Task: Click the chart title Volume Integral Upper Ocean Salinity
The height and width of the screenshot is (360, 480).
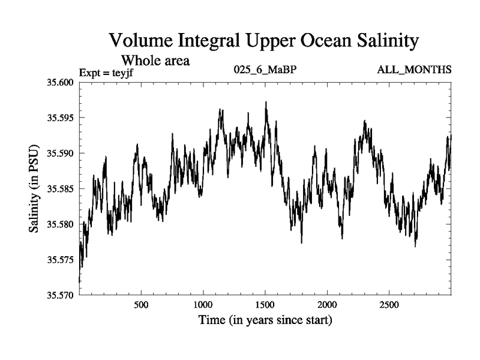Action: point(263,41)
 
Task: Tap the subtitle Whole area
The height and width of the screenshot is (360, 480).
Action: point(155,60)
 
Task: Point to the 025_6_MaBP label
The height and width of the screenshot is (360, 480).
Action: point(265,71)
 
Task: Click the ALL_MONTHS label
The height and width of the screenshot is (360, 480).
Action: point(414,71)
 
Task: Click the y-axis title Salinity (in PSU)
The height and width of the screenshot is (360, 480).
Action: point(34,189)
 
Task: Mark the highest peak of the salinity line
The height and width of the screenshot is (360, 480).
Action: point(266,102)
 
